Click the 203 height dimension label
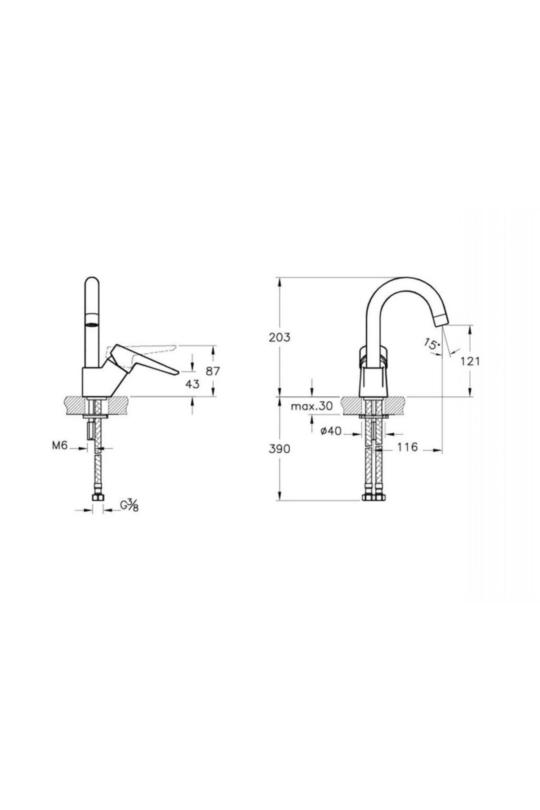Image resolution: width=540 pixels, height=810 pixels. pyautogui.click(x=279, y=337)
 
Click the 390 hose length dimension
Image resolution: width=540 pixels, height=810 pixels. pyautogui.click(x=279, y=449)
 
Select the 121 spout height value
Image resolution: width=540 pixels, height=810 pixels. pyautogui.click(x=471, y=361)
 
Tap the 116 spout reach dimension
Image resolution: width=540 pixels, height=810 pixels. pyautogui.click(x=408, y=447)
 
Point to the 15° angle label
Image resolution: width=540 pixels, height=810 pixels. pyautogui.click(x=431, y=345)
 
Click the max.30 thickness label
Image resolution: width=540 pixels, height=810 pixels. pyautogui.click(x=311, y=407)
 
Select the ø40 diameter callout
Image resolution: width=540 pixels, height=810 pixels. pyautogui.click(x=331, y=432)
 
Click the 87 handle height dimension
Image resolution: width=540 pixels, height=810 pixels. pyautogui.click(x=213, y=371)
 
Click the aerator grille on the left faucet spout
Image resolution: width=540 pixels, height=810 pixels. pyautogui.click(x=91, y=324)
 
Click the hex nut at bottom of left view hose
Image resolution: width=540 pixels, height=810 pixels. pyautogui.click(x=97, y=498)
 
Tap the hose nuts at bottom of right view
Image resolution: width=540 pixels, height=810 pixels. pyautogui.click(x=374, y=498)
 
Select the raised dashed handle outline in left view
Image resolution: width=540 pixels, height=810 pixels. pyautogui.click(x=148, y=348)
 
